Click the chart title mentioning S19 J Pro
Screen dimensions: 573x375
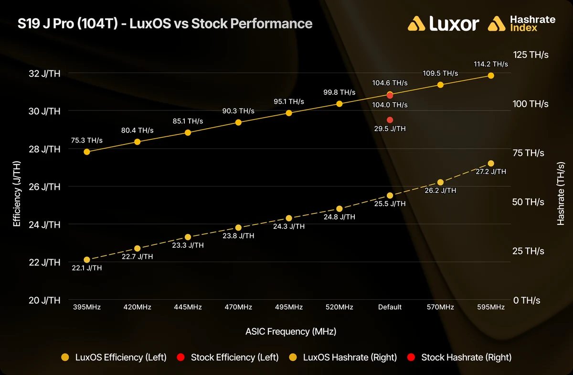click(165, 23)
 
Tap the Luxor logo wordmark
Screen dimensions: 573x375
click(443, 23)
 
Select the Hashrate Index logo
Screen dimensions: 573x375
click(521, 23)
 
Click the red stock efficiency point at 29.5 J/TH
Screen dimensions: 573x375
click(390, 120)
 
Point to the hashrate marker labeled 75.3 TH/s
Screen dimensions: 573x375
click(87, 152)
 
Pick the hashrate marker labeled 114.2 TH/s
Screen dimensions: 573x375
click(491, 76)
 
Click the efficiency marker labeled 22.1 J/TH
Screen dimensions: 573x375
click(87, 260)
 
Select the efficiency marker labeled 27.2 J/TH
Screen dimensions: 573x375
click(491, 163)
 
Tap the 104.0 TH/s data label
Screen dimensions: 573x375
click(390, 105)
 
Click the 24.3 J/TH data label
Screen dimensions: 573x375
click(289, 226)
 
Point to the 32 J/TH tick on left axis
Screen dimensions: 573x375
click(44, 74)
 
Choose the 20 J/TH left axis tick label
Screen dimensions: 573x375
click(44, 300)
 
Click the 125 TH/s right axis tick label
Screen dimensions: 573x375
click(531, 55)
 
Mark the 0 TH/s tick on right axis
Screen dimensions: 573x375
click(527, 300)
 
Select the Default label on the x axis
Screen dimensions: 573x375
click(390, 307)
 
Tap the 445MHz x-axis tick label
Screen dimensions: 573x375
click(188, 307)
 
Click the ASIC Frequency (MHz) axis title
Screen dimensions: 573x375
click(291, 331)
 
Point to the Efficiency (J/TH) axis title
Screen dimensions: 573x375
click(17, 194)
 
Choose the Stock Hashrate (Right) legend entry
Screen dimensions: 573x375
click(459, 357)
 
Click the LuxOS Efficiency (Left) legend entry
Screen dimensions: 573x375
click(114, 357)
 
